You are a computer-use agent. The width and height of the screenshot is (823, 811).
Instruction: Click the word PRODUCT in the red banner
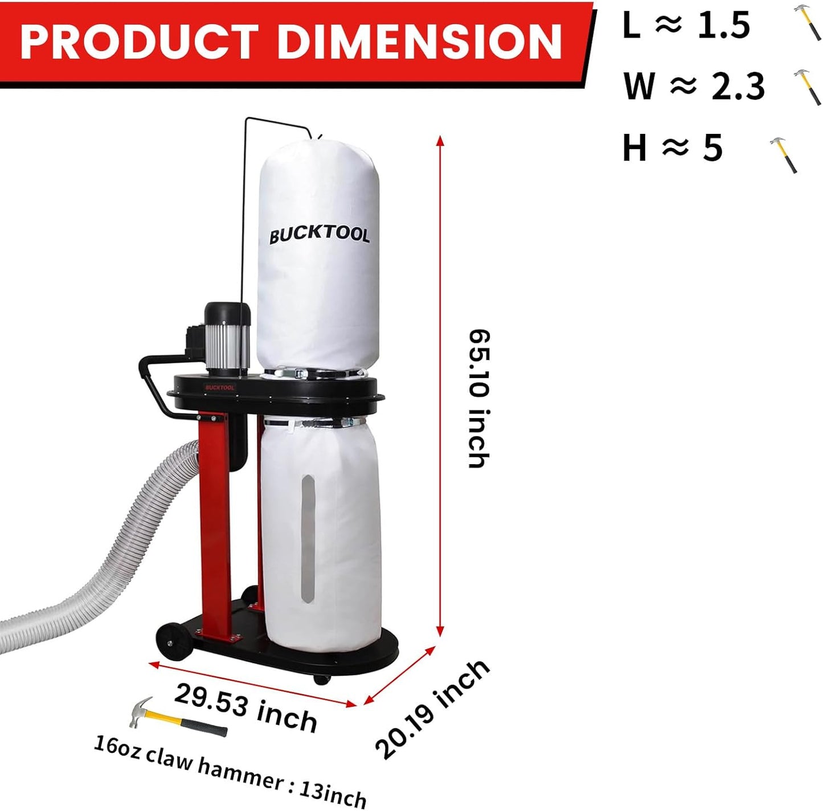click(138, 42)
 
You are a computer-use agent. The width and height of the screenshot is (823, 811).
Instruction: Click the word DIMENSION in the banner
click(421, 42)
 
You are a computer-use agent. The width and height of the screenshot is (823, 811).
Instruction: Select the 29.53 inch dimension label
click(245, 708)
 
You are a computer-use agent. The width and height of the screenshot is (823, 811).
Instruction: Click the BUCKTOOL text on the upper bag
click(319, 235)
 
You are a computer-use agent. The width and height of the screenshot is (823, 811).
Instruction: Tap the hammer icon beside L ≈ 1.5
click(807, 23)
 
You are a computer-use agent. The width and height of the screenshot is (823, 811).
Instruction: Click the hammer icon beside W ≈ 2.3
click(807, 87)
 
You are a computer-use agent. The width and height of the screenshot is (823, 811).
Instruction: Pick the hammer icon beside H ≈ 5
click(784, 154)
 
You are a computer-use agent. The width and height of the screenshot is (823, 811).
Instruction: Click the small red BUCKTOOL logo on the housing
click(220, 388)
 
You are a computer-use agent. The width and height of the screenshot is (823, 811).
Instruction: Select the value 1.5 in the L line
click(723, 25)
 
